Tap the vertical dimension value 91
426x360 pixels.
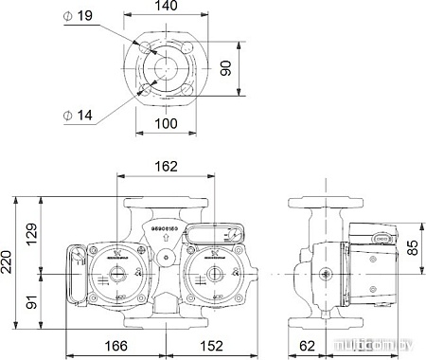(x=31, y=301)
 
